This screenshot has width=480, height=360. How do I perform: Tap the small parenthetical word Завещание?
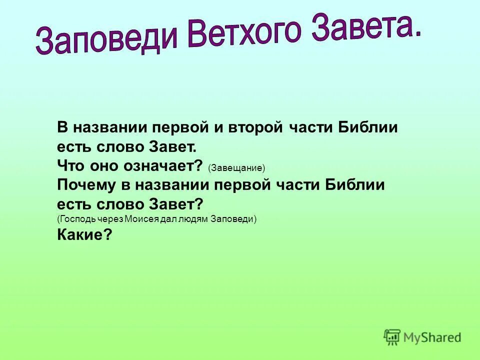236,168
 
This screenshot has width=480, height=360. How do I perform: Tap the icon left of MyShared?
392,337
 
